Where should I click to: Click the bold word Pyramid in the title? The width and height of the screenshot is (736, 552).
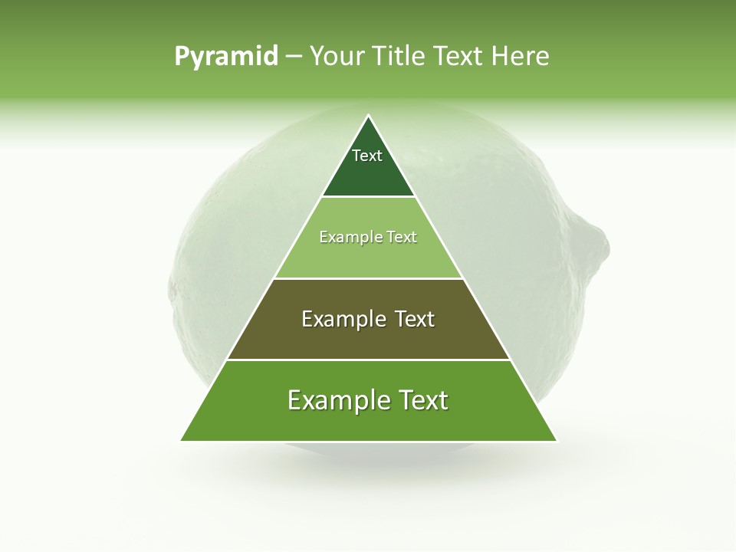[x=226, y=56]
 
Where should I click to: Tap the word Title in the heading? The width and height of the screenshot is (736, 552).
[x=397, y=56]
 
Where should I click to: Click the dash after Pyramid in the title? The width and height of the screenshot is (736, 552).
[x=293, y=57]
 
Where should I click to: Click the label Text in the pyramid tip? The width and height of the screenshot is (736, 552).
[x=367, y=156]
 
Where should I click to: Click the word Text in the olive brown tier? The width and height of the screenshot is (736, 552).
[x=409, y=319]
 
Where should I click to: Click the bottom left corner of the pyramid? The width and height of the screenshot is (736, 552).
[x=182, y=441]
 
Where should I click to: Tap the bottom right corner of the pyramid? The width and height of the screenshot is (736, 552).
[x=557, y=441]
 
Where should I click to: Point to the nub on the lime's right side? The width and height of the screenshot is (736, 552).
[x=596, y=242]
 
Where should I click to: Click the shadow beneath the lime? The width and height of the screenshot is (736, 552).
[x=368, y=464]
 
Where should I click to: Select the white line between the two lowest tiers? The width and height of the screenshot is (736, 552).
[x=369, y=360]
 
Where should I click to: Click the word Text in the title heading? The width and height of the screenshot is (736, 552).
[x=460, y=56]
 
